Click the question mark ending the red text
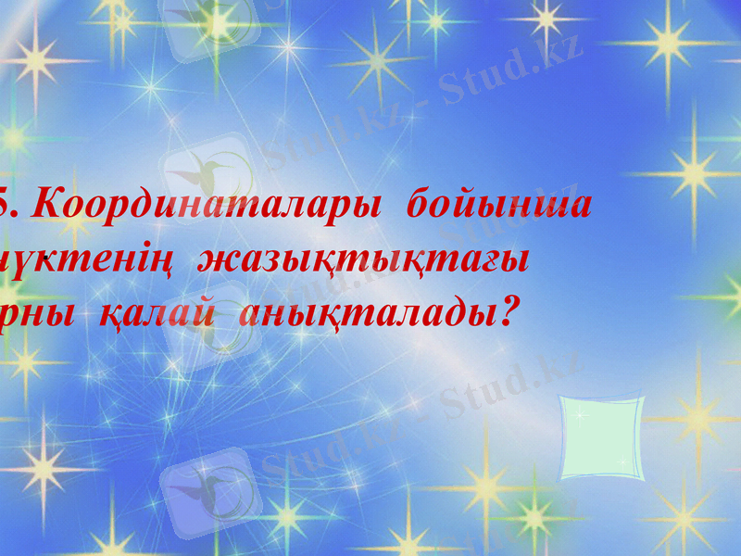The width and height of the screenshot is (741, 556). pyautogui.click(x=505, y=313)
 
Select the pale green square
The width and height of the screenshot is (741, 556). pyautogui.click(x=601, y=437)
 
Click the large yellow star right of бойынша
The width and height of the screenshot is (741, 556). pyautogui.click(x=691, y=171)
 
